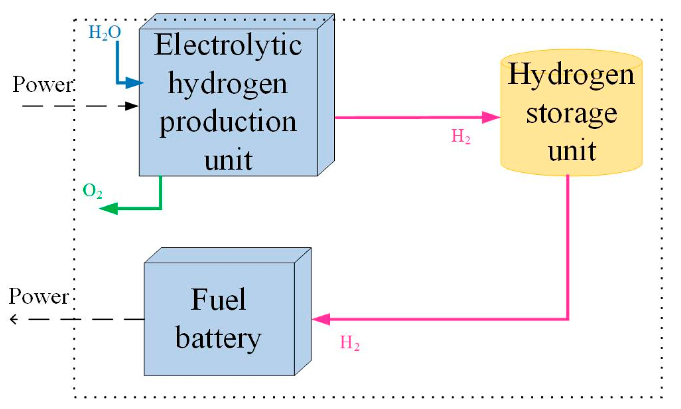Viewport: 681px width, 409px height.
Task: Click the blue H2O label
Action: coord(105,32)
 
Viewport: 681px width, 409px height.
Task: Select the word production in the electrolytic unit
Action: coord(228,122)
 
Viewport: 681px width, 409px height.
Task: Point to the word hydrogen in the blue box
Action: coord(228,83)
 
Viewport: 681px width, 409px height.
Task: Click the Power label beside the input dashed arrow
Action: coord(42,84)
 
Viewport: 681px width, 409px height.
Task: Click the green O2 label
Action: coord(92,191)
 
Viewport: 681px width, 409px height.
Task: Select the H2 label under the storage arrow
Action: coord(461,136)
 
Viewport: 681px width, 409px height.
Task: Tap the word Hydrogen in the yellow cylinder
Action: coord(571,74)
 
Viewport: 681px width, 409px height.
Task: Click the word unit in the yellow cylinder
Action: coord(572,151)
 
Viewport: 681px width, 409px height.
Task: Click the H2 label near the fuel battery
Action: coord(350,343)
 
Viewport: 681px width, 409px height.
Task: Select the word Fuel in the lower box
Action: coord(218,299)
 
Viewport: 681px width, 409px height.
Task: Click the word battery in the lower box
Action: coord(218,338)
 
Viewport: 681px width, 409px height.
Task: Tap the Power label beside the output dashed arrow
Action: coord(39,296)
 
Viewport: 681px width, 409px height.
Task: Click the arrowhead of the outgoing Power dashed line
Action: coord(14,319)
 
